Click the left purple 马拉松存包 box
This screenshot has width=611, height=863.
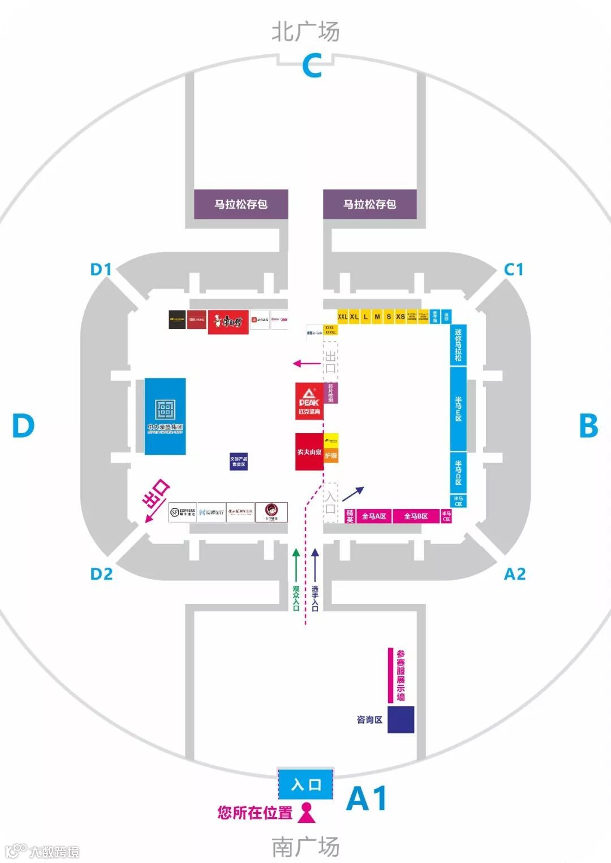(241, 204)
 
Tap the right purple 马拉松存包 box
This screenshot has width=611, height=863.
(369, 204)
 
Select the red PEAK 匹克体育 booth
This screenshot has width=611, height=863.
(308, 401)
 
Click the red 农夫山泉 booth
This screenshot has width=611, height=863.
(309, 452)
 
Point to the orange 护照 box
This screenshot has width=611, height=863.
(331, 456)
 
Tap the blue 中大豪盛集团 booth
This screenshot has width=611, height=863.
(165, 416)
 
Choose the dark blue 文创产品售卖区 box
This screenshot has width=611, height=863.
(238, 461)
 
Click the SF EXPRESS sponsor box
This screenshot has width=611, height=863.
(182, 512)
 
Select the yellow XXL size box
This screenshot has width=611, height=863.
(342, 317)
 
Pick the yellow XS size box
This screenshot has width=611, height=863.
(401, 317)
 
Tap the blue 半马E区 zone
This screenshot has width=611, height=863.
(458, 408)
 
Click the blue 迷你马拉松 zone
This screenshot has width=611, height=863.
(458, 345)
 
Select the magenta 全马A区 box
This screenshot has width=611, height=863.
(373, 516)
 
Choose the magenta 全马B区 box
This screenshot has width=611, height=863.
(416, 516)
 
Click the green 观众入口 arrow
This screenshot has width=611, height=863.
(295, 577)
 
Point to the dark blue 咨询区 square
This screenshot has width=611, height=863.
(401, 719)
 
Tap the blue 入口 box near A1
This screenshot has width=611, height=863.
(305, 784)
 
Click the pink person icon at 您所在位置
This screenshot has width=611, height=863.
(307, 813)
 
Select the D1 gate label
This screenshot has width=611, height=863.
(101, 269)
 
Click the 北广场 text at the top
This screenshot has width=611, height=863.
(305, 31)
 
